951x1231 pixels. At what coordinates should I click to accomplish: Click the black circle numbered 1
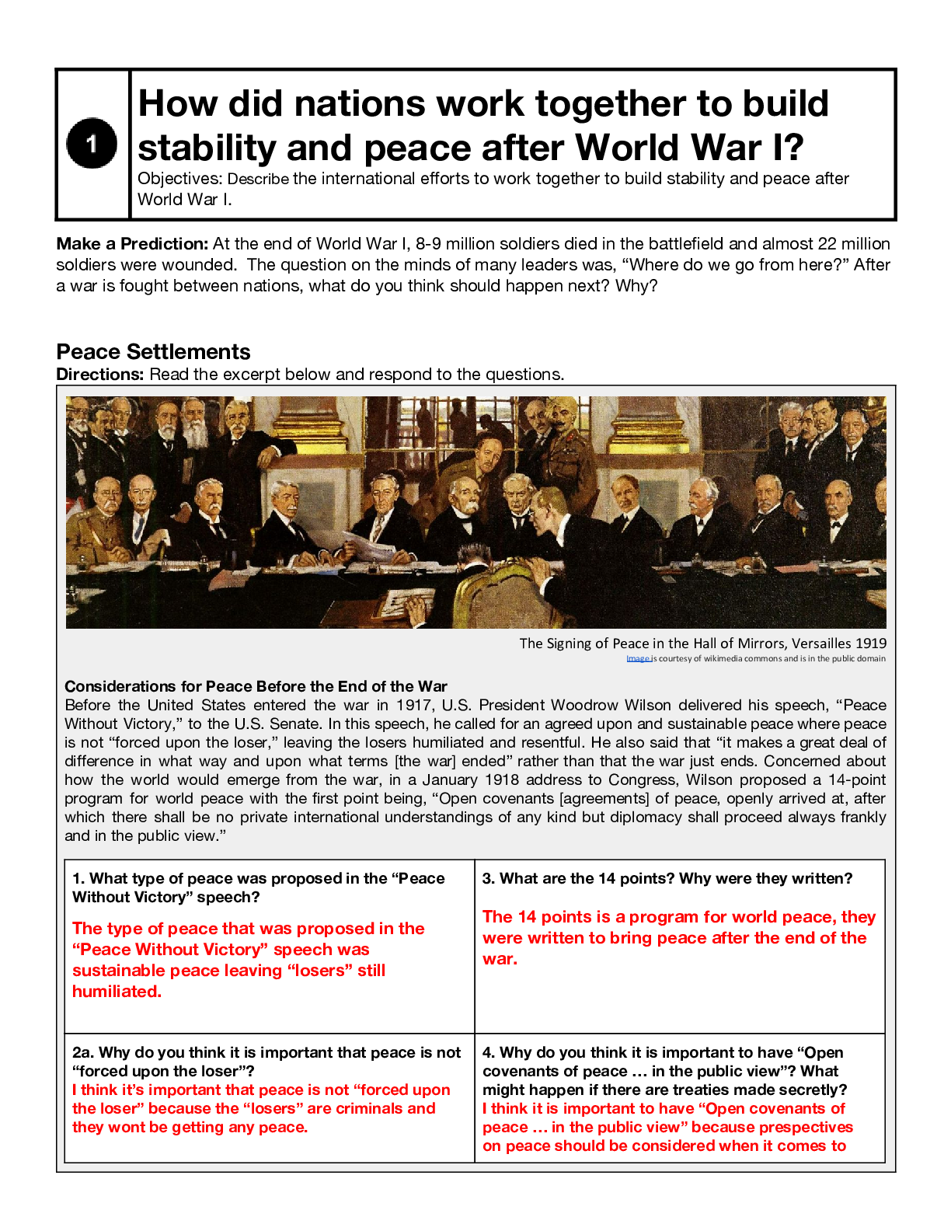(92, 143)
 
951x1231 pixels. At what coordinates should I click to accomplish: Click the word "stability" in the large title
(206, 148)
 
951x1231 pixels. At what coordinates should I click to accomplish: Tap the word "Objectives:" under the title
(180, 179)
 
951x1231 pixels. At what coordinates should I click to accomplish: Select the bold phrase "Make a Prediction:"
(132, 244)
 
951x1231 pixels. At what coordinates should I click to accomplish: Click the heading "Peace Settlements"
(153, 352)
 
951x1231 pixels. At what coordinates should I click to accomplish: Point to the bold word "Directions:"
(100, 375)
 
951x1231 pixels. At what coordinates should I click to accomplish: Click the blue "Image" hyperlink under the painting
(638, 659)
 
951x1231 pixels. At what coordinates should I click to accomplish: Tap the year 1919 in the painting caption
(869, 643)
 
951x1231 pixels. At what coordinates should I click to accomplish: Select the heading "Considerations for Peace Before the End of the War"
(256, 686)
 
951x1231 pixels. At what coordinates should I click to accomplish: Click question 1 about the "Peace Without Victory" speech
(258, 888)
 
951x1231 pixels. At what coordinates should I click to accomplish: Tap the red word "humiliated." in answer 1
(117, 992)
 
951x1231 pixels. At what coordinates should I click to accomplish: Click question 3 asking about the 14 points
(667, 879)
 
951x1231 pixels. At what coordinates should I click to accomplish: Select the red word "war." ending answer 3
(500, 959)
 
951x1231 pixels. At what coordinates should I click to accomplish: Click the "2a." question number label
(83, 1053)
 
